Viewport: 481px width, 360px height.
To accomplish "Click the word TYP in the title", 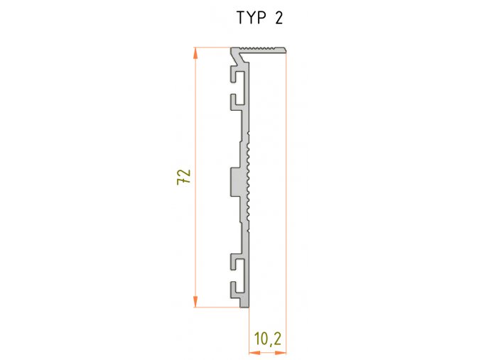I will click(x=252, y=18).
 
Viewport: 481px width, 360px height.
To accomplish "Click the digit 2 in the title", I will click(x=278, y=18).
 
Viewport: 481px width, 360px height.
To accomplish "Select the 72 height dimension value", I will click(x=183, y=178).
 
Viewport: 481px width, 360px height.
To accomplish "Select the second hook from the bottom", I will click(x=234, y=261).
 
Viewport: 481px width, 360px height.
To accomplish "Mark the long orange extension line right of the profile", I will click(x=286, y=213).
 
